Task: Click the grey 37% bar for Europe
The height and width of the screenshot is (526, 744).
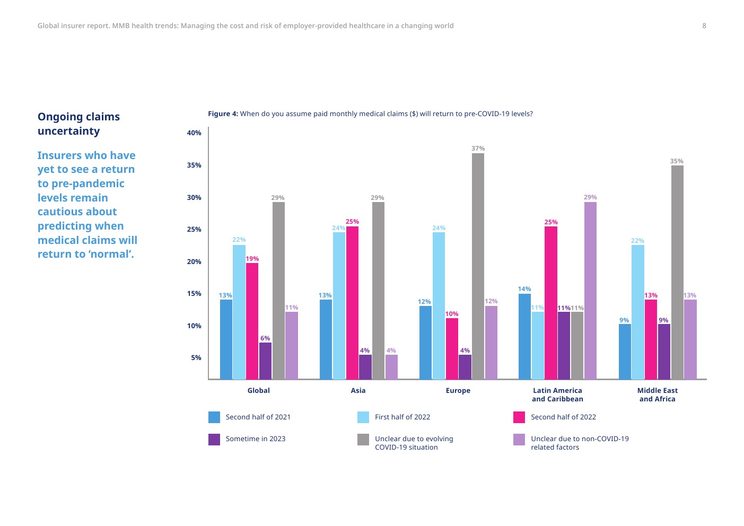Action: (x=478, y=266)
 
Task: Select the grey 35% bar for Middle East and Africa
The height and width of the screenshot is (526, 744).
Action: (x=677, y=272)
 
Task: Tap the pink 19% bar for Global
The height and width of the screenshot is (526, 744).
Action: (x=252, y=321)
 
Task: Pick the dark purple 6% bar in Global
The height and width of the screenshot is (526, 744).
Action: (x=265, y=361)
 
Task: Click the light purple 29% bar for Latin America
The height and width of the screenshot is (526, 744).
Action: (x=590, y=291)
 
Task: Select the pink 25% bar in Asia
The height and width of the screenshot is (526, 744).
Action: (x=352, y=303)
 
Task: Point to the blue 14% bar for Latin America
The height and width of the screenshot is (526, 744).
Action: (x=524, y=336)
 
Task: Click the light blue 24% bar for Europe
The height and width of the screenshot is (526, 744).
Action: (x=439, y=305)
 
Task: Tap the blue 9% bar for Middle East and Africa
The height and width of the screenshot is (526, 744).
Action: (x=625, y=352)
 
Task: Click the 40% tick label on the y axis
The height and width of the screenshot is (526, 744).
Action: (x=194, y=133)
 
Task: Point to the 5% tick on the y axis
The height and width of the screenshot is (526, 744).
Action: (x=196, y=358)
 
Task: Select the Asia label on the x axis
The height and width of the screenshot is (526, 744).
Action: (x=358, y=391)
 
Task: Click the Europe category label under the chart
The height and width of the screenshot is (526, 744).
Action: (x=458, y=391)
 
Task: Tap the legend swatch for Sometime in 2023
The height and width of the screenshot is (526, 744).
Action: (x=214, y=439)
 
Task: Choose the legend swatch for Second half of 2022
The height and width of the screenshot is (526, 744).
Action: (x=519, y=417)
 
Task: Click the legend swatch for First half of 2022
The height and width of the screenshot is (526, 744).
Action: (x=363, y=417)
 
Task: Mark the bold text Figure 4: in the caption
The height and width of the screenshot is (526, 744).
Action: (x=223, y=114)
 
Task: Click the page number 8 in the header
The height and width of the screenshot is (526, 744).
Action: (x=704, y=26)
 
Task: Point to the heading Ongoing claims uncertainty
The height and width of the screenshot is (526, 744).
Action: (x=78, y=124)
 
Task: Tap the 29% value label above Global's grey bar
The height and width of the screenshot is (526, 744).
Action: (x=278, y=198)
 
